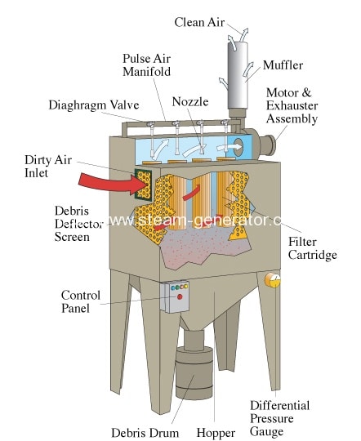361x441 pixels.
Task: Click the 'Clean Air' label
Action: (x=199, y=22)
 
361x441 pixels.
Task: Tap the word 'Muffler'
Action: (x=283, y=65)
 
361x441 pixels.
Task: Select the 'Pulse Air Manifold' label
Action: (x=146, y=65)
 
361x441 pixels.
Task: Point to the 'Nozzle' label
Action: (x=190, y=101)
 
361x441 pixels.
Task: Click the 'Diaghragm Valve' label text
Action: (x=94, y=105)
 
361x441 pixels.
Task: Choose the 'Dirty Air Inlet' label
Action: (x=48, y=167)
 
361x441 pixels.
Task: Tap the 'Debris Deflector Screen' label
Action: (x=78, y=224)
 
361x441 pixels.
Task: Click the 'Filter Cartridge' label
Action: (x=312, y=248)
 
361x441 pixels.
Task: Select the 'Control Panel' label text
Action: (x=81, y=302)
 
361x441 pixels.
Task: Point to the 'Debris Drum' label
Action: (x=145, y=433)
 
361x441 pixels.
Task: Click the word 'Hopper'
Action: (x=216, y=433)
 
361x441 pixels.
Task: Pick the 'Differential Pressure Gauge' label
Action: (x=279, y=418)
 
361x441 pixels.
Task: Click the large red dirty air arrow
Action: (x=113, y=184)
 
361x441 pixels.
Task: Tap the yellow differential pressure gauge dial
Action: (x=272, y=280)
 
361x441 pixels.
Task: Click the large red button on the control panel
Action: (x=179, y=296)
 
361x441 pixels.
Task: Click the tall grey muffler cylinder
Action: (x=238, y=75)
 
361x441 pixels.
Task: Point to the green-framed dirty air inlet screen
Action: (x=143, y=185)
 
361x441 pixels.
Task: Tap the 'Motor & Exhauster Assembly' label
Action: (x=292, y=105)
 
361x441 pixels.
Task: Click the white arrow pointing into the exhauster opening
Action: (x=230, y=147)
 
